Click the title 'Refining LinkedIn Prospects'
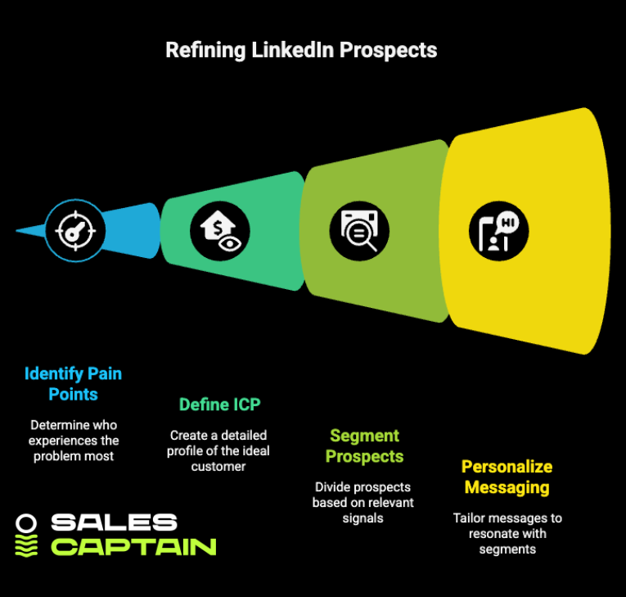coord(301,50)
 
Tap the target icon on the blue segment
coord(71,230)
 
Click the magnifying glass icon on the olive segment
coord(359,228)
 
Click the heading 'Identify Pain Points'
coord(73,384)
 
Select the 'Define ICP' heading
coord(219,404)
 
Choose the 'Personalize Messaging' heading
coord(507,477)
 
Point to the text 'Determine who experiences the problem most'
coord(74,440)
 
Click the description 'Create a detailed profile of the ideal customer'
coord(218,450)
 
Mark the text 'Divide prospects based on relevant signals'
coord(363,502)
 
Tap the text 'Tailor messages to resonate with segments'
coord(507,534)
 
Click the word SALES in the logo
coord(114,522)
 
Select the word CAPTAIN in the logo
coord(133,546)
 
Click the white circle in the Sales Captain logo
coord(27,522)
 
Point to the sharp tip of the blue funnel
coord(18,230)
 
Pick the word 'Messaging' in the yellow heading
coord(507,487)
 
